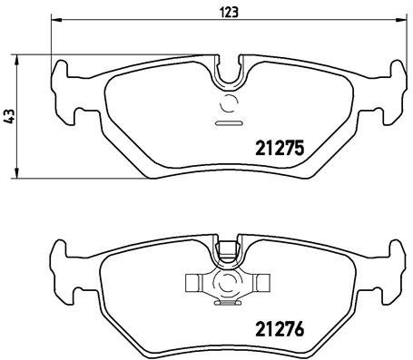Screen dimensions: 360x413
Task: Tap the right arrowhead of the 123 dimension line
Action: point(402,22)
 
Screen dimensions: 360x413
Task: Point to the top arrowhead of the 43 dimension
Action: point(19,60)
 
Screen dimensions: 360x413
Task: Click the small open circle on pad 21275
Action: point(227,102)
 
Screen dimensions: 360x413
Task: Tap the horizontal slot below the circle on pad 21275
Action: point(227,122)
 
